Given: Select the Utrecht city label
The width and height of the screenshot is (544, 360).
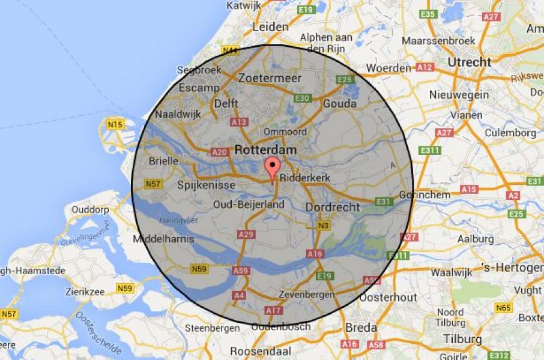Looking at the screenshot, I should [469, 62].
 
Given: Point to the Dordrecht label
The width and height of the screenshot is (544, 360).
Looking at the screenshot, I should [332, 207].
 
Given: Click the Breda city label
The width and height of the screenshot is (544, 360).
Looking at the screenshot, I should [361, 328].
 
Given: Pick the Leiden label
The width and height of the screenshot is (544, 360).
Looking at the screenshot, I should [271, 27].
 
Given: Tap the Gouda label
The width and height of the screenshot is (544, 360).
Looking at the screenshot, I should [339, 103].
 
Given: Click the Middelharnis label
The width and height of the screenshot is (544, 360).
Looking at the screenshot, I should [164, 239].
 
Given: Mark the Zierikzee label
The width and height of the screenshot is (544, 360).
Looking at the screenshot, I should [86, 292].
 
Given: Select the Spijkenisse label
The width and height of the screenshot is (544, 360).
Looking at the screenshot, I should [206, 185].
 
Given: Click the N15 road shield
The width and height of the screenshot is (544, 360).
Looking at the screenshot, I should [115, 125].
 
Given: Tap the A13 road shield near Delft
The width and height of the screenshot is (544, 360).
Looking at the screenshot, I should [238, 122].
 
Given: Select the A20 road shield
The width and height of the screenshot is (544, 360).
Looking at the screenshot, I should [220, 152].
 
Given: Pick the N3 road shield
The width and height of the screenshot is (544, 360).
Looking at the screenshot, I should [324, 226].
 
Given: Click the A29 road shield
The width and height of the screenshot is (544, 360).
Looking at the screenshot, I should [245, 235].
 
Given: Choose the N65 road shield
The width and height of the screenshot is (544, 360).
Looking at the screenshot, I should [503, 308].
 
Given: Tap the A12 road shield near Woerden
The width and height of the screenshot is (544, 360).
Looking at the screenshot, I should [425, 68].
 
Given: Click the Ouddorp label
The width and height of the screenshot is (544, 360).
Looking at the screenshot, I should [90, 209].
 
